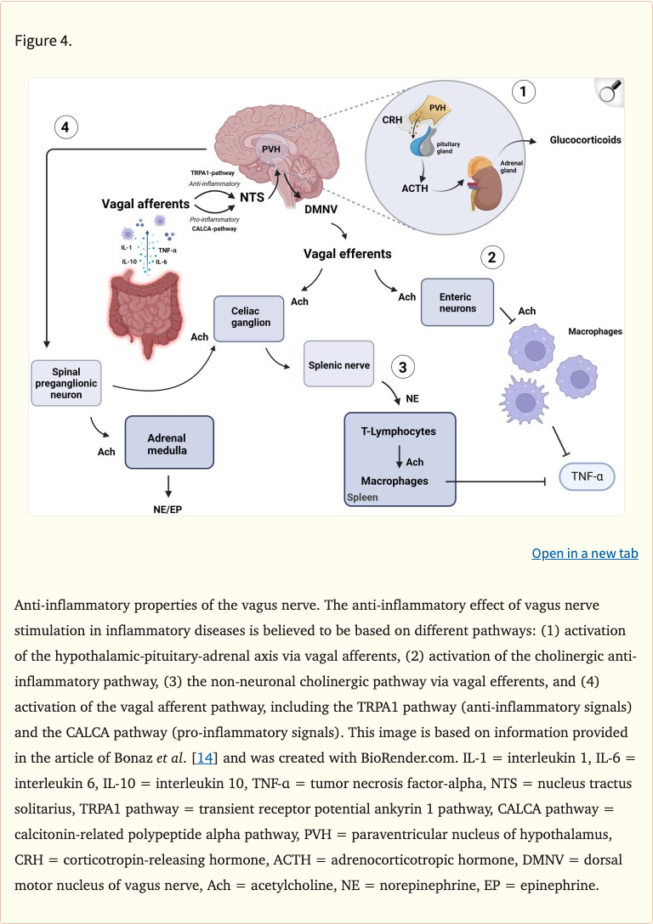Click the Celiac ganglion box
[249, 318]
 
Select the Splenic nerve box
[338, 365]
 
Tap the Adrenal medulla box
[168, 442]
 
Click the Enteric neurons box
[457, 302]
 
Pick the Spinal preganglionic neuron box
[67, 382]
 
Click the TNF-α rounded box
[587, 476]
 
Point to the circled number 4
[66, 127]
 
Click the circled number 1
[523, 91]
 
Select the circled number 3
[403, 367]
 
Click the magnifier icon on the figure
[609, 92]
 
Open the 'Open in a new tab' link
[584, 554]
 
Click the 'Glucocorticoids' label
[585, 139]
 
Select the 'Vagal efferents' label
[347, 253]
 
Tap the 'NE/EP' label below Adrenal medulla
[168, 510]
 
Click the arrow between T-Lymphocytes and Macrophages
[399, 456]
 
